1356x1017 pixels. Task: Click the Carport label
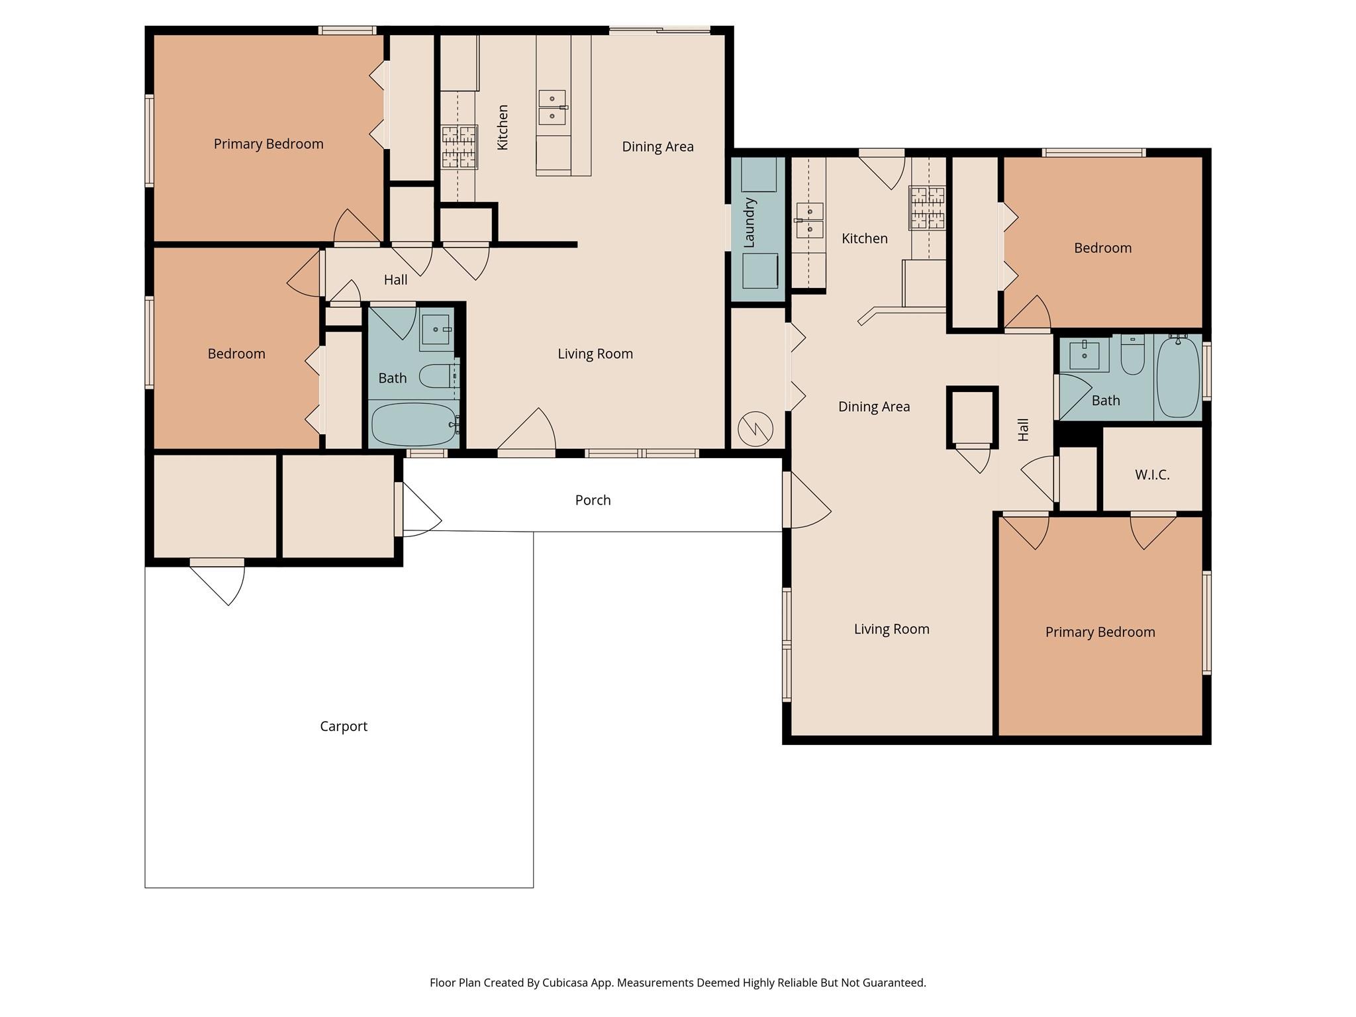(x=344, y=726)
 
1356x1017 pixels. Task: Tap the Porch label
(x=593, y=500)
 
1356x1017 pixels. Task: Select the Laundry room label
(x=750, y=223)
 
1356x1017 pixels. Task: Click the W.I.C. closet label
(x=1152, y=475)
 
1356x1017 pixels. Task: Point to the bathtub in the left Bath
(x=414, y=424)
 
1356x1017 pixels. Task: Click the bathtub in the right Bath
(x=1178, y=376)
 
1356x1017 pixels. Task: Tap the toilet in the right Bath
(x=1132, y=356)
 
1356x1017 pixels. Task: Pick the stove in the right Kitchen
(x=927, y=208)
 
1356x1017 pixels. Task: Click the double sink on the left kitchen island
(x=552, y=108)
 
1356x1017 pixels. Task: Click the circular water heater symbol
(x=755, y=428)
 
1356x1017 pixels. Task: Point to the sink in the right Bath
(x=1085, y=355)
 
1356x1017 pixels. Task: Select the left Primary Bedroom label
(x=269, y=144)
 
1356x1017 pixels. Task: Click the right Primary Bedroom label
(x=1100, y=632)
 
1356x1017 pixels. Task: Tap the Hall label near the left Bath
(x=396, y=280)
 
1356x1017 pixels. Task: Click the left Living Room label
(x=595, y=354)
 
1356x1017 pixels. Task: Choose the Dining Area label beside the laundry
(x=874, y=407)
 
